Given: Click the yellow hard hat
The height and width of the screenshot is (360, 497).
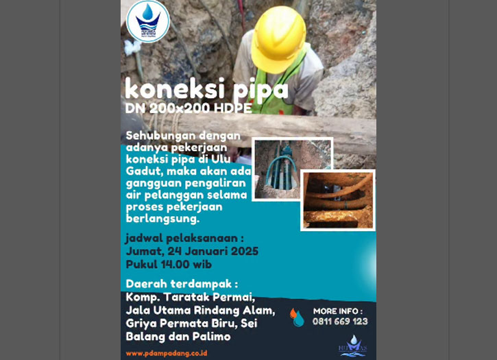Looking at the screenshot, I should pyautogui.click(x=278, y=38).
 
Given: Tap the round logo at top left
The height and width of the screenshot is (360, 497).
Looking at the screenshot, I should pyautogui.click(x=148, y=21).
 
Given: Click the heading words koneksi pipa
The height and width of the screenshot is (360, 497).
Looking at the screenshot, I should pyautogui.click(x=206, y=90).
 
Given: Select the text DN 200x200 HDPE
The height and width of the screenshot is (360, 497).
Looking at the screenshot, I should pyautogui.click(x=189, y=109).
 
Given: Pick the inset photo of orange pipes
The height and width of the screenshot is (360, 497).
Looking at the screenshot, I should pyautogui.click(x=337, y=200).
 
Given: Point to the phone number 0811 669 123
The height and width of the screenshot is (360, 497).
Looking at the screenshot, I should pyautogui.click(x=340, y=321).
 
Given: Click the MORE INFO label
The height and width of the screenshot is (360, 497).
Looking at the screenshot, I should pyautogui.click(x=338, y=311).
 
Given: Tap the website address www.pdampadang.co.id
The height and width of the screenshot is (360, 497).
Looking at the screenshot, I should pyautogui.click(x=167, y=353).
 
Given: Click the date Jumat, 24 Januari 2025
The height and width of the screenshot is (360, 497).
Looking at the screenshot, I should pyautogui.click(x=192, y=251).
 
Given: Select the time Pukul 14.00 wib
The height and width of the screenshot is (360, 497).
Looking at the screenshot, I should pyautogui.click(x=169, y=264).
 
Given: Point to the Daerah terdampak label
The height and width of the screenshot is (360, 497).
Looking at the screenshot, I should pyautogui.click(x=182, y=284).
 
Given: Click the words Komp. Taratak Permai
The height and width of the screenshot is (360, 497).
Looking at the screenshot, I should pyautogui.click(x=190, y=297).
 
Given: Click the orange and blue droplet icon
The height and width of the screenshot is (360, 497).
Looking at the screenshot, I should pyautogui.click(x=297, y=317).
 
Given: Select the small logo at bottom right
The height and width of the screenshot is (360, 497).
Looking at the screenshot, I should pyautogui.click(x=353, y=346).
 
